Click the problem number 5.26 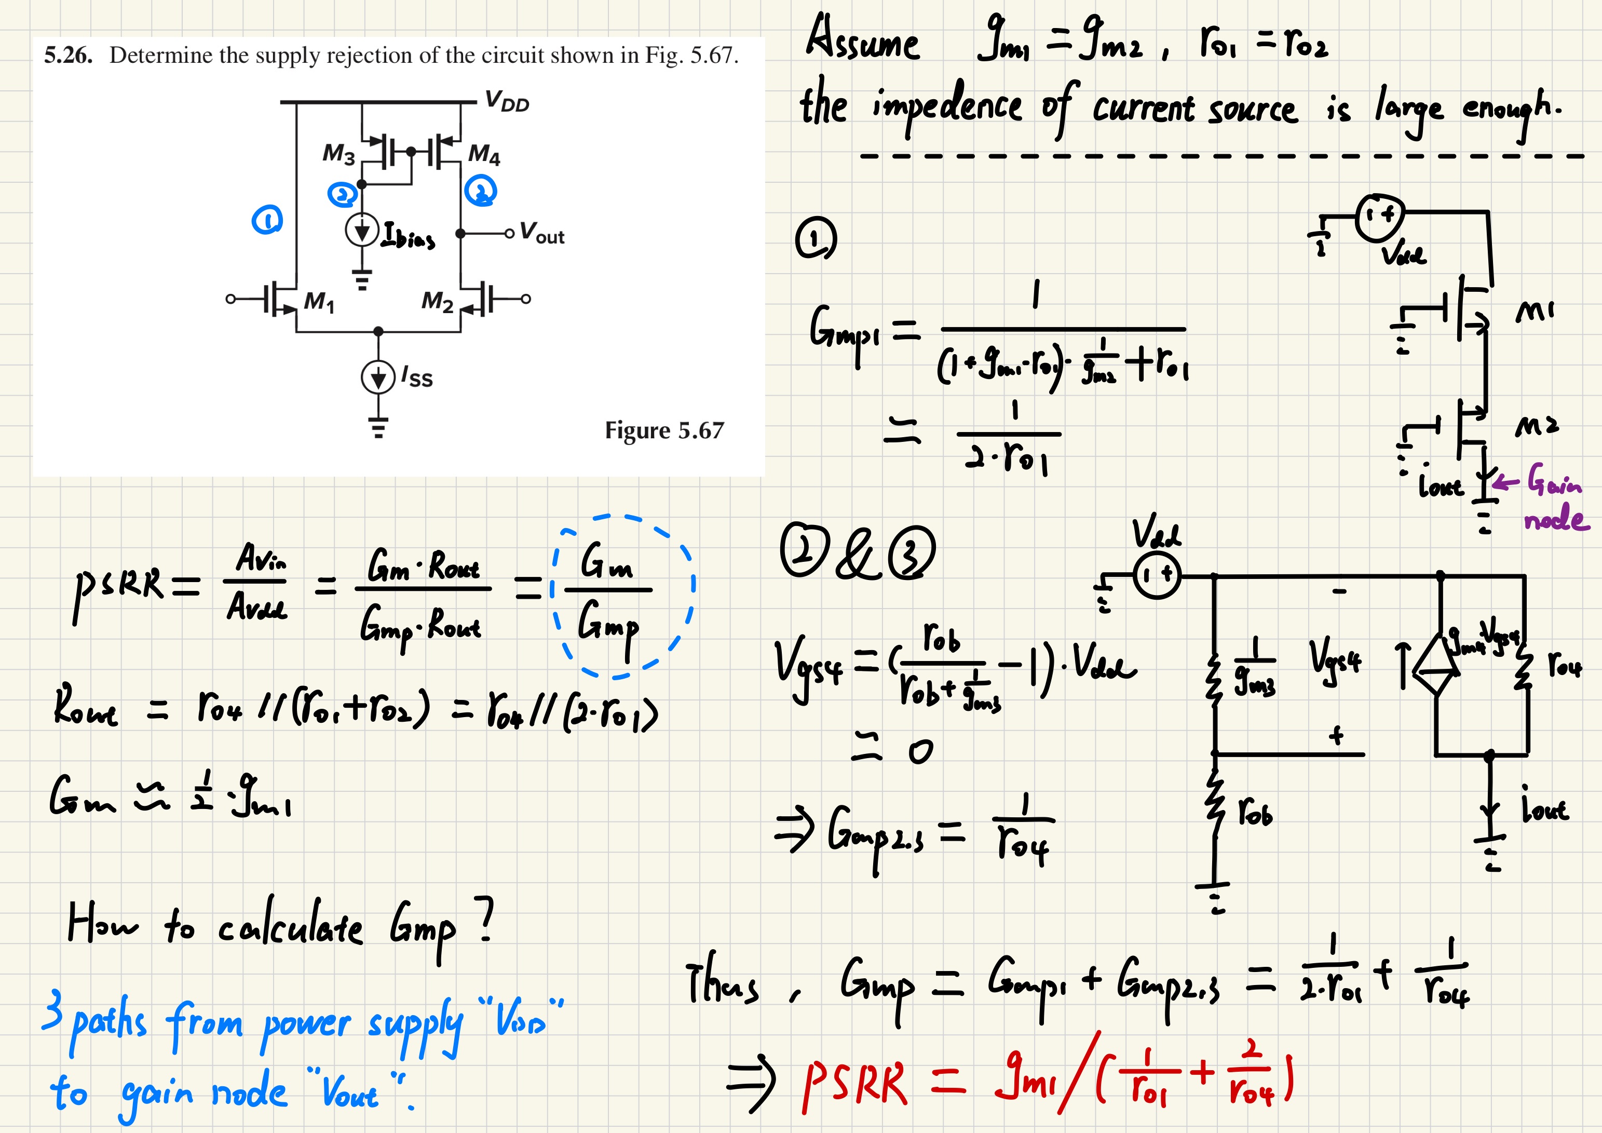pyautogui.click(x=67, y=55)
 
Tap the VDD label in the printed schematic pyautogui.click(x=507, y=102)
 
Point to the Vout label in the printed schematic pyautogui.click(x=542, y=233)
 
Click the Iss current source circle pyautogui.click(x=377, y=377)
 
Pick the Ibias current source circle pyautogui.click(x=362, y=231)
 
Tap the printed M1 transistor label pyautogui.click(x=319, y=302)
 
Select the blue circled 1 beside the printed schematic pyautogui.click(x=266, y=221)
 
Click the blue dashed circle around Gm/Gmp pyautogui.click(x=622, y=596)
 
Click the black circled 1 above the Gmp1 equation pyautogui.click(x=815, y=239)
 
